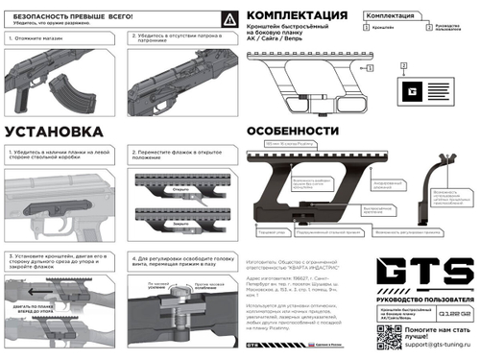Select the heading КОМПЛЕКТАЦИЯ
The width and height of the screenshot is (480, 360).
(x=298, y=17)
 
